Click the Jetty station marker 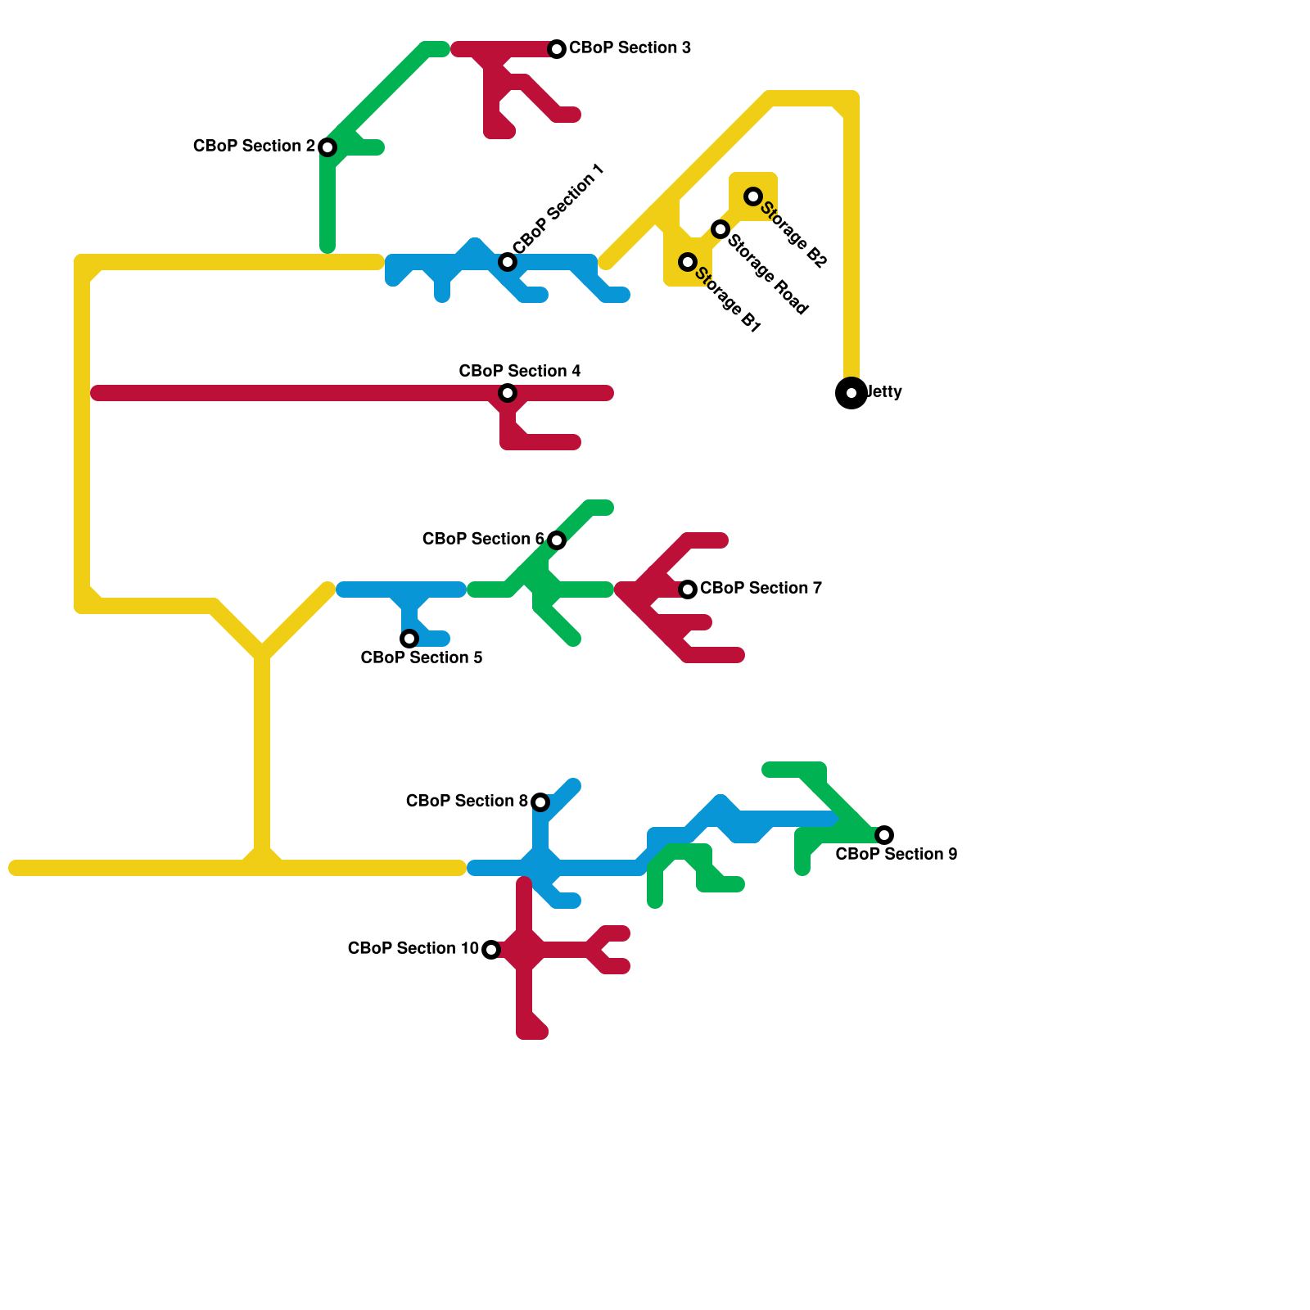click(x=851, y=393)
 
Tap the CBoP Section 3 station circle click(x=557, y=49)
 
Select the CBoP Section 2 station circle click(x=327, y=147)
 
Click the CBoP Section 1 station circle click(x=508, y=262)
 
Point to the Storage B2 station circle click(x=753, y=196)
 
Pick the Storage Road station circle click(x=720, y=229)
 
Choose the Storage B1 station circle click(x=688, y=262)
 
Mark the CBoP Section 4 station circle click(x=508, y=393)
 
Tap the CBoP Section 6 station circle click(x=557, y=540)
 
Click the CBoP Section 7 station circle click(x=688, y=589)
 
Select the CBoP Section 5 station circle click(x=409, y=639)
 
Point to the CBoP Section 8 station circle click(x=540, y=802)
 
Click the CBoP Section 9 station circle click(x=884, y=835)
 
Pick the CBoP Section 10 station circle click(x=491, y=950)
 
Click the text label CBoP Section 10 click(x=413, y=948)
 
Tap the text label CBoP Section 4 click(x=520, y=371)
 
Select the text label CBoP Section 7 click(x=761, y=588)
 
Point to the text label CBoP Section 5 click(x=422, y=657)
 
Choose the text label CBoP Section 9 click(x=897, y=854)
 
